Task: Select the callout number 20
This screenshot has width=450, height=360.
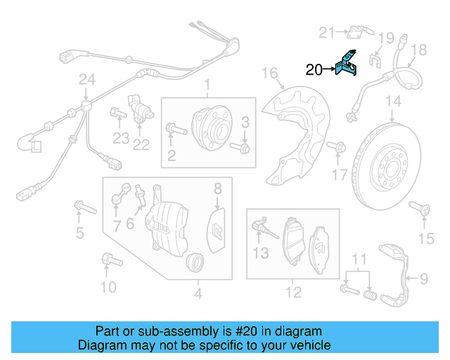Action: tap(314, 69)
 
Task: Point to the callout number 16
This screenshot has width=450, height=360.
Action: tap(270, 72)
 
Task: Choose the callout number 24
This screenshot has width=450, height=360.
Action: tap(86, 81)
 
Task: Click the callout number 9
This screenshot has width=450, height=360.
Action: tap(424, 279)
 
